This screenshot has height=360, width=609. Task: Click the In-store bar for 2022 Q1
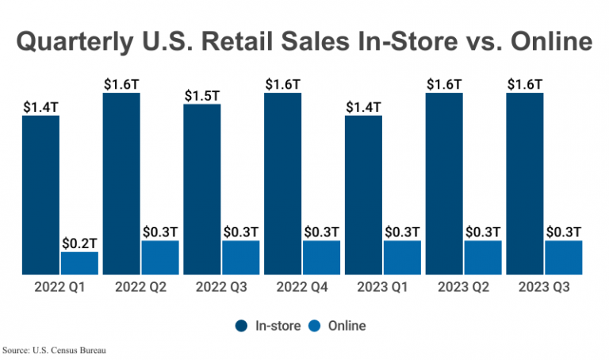pyautogui.click(x=40, y=195)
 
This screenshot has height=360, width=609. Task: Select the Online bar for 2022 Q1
pyautogui.click(x=79, y=263)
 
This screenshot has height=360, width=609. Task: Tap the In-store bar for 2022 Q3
pyautogui.click(x=201, y=190)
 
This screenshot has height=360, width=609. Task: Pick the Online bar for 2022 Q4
pyautogui.click(x=321, y=258)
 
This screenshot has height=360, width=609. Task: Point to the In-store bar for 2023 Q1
pyautogui.click(x=363, y=195)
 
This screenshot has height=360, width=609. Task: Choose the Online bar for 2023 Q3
pyautogui.click(x=564, y=258)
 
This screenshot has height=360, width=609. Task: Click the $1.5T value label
pyautogui.click(x=201, y=95)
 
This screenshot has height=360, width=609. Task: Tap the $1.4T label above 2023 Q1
pyautogui.click(x=363, y=106)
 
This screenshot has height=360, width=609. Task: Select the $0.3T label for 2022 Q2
pyautogui.click(x=160, y=232)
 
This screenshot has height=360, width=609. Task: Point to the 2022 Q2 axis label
pyautogui.click(x=140, y=287)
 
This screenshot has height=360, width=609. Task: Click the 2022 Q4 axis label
pyautogui.click(x=302, y=287)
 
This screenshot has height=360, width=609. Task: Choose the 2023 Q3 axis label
pyautogui.click(x=544, y=287)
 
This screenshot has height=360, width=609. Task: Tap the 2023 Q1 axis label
pyautogui.click(x=383, y=287)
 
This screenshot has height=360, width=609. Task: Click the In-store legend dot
pyautogui.click(x=240, y=325)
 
